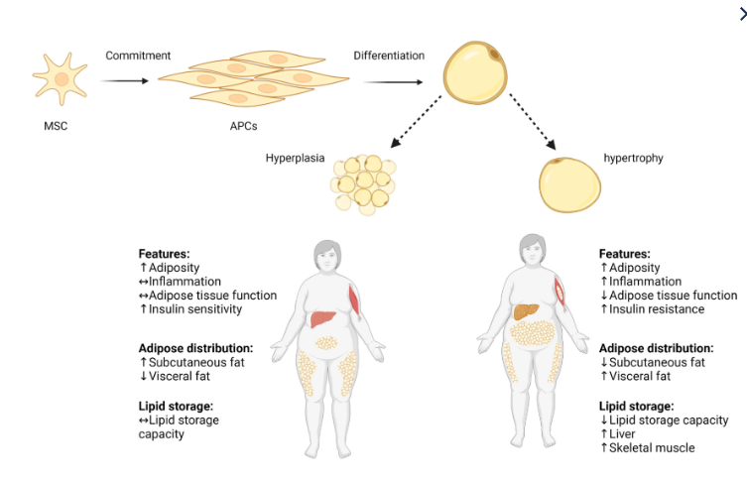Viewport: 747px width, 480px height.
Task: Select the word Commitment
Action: point(138,56)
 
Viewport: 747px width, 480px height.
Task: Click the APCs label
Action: point(230,126)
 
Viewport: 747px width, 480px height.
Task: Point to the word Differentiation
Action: point(389,56)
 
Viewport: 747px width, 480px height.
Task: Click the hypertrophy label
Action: point(636,158)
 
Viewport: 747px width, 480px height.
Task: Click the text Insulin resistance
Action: point(657,309)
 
